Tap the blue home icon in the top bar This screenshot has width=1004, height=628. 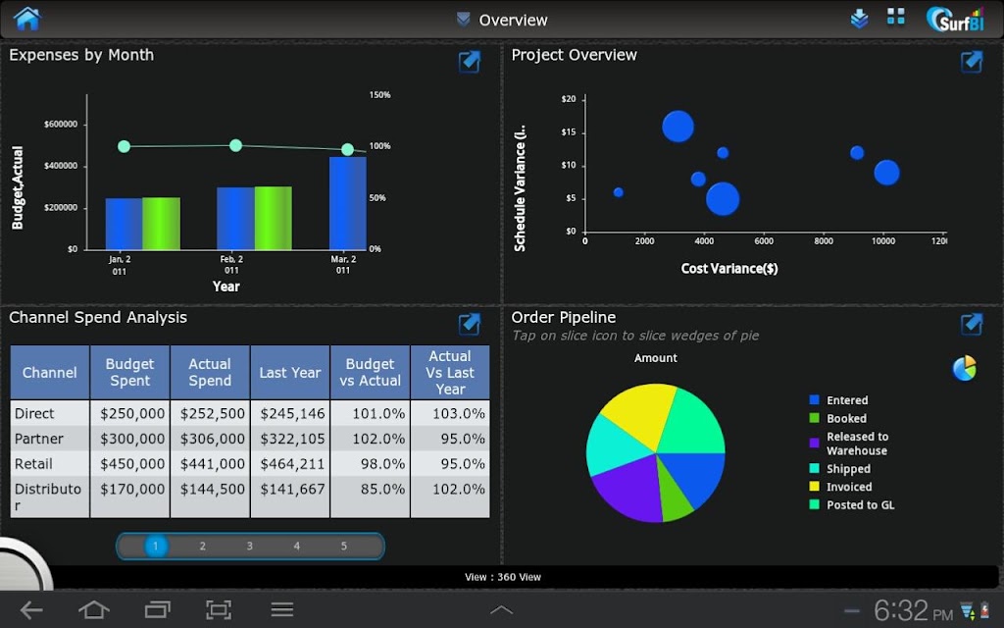(x=26, y=19)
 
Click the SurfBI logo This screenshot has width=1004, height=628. (x=955, y=20)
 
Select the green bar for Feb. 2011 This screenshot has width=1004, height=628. (x=274, y=218)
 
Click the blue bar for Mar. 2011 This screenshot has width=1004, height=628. (x=348, y=203)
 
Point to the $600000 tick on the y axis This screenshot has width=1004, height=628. (x=61, y=125)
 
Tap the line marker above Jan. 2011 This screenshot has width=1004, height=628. (x=125, y=147)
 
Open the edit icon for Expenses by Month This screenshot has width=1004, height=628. (x=470, y=62)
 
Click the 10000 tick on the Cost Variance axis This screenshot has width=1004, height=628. (x=883, y=241)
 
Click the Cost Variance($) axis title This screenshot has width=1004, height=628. (x=729, y=269)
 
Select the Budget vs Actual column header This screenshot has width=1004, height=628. (x=370, y=372)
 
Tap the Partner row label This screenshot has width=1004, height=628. (x=39, y=439)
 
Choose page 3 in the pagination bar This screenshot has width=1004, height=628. (x=250, y=546)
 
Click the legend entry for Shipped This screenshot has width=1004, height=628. (x=840, y=469)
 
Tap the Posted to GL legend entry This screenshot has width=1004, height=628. (x=852, y=505)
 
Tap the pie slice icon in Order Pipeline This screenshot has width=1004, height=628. (x=964, y=369)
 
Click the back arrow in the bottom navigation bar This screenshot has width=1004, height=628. (x=31, y=609)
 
